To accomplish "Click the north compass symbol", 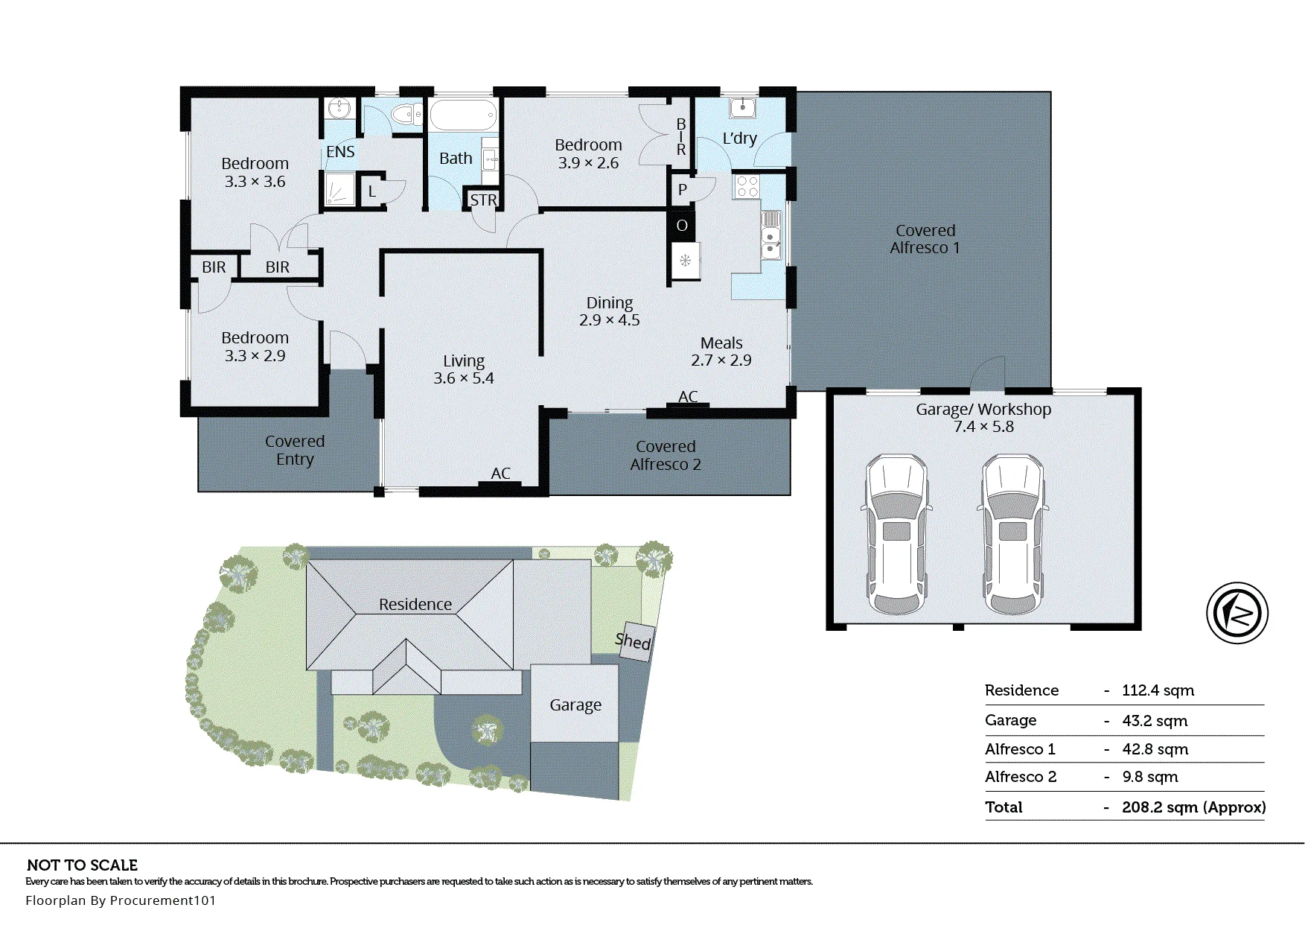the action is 1237,613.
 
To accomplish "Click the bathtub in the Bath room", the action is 463,115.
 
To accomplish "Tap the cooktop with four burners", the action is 747,186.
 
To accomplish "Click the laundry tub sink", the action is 742,107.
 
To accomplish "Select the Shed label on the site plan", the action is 634,640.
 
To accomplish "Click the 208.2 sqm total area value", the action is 1194,807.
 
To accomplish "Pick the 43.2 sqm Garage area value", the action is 1155,721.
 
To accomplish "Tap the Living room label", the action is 464,361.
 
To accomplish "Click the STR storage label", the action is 483,200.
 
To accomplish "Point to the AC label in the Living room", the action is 500,474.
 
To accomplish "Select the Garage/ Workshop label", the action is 983,410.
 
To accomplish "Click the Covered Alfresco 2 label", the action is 666,456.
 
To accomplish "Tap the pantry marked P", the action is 682,191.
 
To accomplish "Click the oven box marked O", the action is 682,226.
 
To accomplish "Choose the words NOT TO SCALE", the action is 82,865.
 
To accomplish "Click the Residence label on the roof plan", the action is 415,605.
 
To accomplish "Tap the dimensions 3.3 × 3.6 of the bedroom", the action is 255,182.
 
